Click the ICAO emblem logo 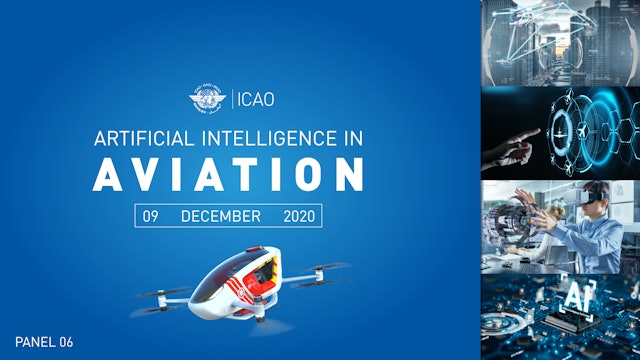(207, 99)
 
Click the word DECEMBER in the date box (221, 215)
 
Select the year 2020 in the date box (299, 215)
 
